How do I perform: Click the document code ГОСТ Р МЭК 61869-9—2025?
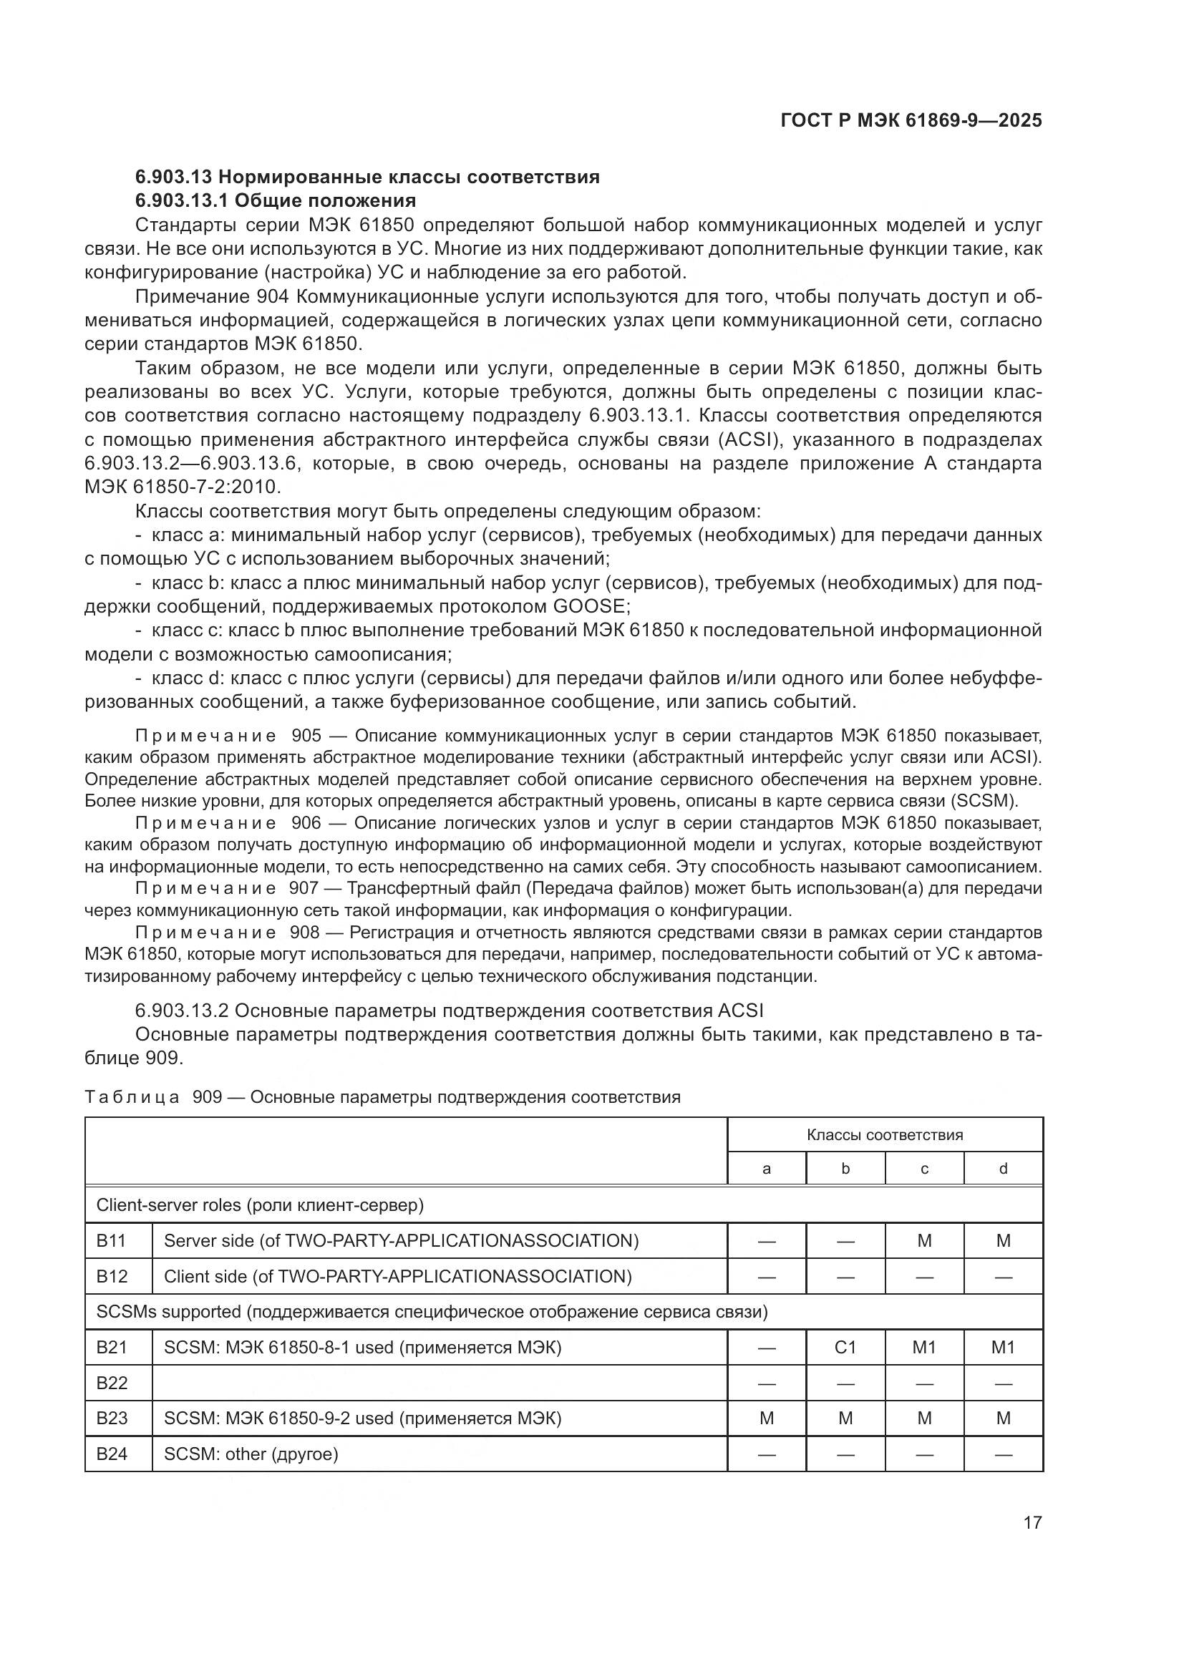tap(911, 120)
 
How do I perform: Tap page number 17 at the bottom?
tap(1032, 1522)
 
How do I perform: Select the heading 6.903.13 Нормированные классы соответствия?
tap(367, 177)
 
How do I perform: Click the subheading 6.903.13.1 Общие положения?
tap(276, 200)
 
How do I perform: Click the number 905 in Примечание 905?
tap(306, 736)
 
